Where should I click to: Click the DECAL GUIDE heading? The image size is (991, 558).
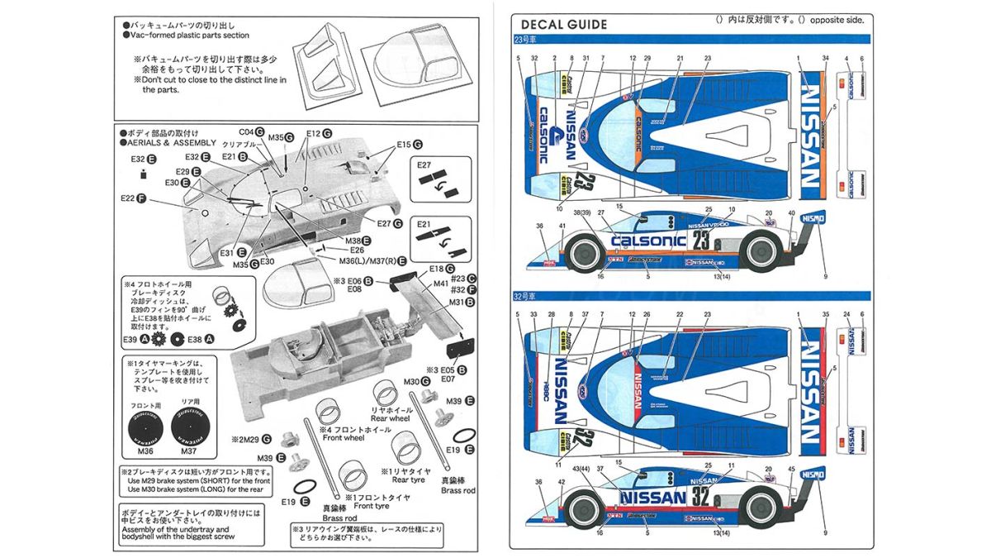click(564, 25)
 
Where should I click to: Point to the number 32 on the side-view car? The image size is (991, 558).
click(701, 496)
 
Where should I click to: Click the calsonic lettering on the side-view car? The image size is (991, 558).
click(648, 241)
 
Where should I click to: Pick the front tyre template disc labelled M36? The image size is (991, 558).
click(145, 426)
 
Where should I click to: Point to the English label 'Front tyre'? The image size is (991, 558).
click(370, 506)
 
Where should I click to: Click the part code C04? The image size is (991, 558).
click(246, 131)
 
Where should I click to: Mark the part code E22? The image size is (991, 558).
click(127, 198)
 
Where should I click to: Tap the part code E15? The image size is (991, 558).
click(402, 145)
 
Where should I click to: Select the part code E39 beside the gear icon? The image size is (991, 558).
click(132, 339)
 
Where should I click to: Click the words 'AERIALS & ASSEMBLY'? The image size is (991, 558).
click(172, 142)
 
